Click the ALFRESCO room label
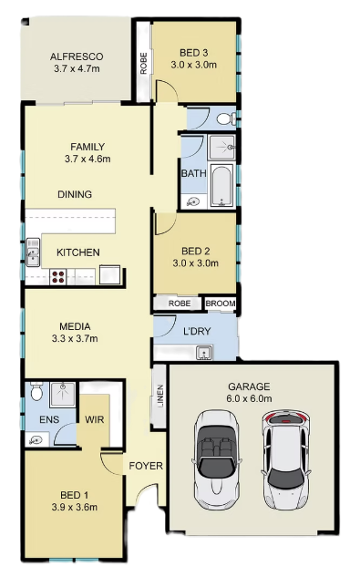click(x=77, y=57)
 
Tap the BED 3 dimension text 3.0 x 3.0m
click(x=193, y=65)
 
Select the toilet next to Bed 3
click(x=226, y=118)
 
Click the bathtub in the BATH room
click(x=222, y=185)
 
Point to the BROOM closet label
click(x=221, y=304)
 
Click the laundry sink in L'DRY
click(x=203, y=353)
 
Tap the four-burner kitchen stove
click(x=57, y=277)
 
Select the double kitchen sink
click(x=33, y=252)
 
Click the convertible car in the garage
click(x=216, y=459)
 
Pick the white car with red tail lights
click(x=285, y=459)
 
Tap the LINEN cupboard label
click(x=160, y=397)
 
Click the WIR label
click(x=94, y=419)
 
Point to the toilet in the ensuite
click(x=36, y=392)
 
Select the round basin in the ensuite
click(x=36, y=439)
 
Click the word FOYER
click(x=146, y=466)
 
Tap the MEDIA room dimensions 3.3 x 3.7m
click(x=75, y=338)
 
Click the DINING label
click(x=75, y=194)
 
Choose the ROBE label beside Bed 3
click(x=144, y=64)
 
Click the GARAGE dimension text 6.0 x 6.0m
click(x=249, y=398)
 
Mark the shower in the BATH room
click(x=221, y=147)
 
